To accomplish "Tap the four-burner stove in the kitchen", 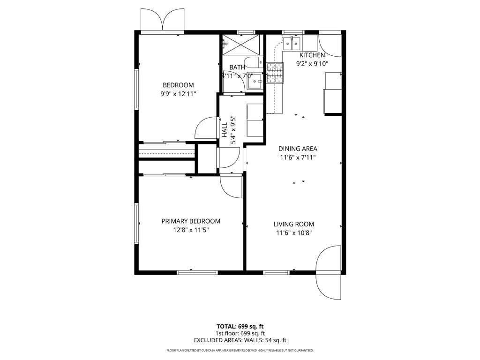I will tap(275, 73).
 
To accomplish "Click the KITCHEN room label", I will tap(312, 55).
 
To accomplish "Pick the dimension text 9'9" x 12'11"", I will tap(178, 94).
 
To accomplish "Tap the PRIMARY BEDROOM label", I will tap(191, 221).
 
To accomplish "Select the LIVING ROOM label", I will tap(294, 224).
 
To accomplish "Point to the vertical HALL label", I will tap(225, 129).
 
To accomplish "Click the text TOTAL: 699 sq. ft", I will tap(240, 326).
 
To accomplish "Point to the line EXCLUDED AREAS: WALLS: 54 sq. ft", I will tap(240, 340).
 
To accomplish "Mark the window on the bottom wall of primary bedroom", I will tap(197, 271).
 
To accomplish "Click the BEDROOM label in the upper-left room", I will tap(178, 85).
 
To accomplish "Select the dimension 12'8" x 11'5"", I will tap(191, 230).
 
